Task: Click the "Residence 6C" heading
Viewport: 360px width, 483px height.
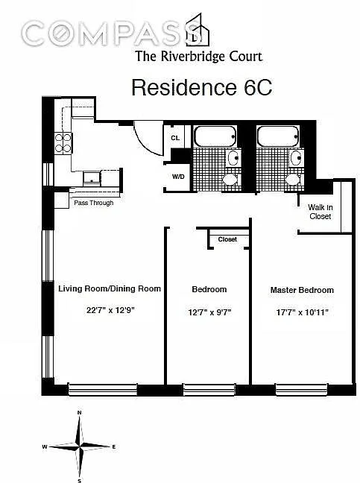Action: coord(202,87)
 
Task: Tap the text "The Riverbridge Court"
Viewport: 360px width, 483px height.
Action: coord(199,57)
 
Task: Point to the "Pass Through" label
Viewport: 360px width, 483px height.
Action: coord(94,203)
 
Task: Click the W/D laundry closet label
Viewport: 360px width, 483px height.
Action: coord(178,177)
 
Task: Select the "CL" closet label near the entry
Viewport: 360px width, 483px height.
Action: coord(175,138)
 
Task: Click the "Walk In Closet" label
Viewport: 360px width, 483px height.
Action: coord(320,212)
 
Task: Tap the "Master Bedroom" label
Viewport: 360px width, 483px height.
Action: coord(302,290)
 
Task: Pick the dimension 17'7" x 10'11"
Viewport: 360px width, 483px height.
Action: coord(303,312)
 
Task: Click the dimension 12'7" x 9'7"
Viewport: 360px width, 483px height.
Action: coord(209,312)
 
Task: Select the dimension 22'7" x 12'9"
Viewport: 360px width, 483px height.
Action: coord(110,310)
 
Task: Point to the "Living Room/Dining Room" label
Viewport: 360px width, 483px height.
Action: coord(110,288)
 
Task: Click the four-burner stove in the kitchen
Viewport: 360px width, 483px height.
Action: coord(63,143)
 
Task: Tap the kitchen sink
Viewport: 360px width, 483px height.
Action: coord(92,179)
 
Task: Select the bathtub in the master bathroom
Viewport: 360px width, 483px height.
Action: coord(278,136)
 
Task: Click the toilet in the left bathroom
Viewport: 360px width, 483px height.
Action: coord(232,180)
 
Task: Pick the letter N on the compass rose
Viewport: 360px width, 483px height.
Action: coord(80,413)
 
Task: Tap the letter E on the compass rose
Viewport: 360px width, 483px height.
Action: coord(113,446)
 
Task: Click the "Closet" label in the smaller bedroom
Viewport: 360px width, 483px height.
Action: coord(227,239)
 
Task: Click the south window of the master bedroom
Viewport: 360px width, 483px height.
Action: coord(301,389)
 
